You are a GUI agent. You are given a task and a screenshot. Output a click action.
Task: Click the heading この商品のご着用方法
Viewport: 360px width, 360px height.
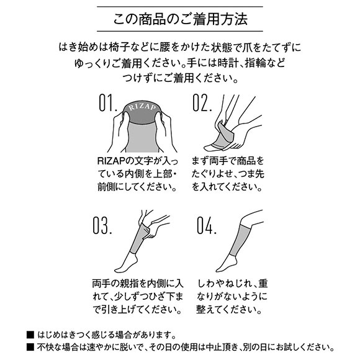pos(180,19)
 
